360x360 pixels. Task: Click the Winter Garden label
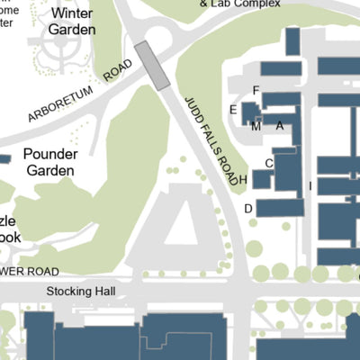click(72, 22)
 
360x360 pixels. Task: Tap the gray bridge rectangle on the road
click(153, 66)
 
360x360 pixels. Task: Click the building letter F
click(256, 90)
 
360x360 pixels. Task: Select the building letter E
click(233, 110)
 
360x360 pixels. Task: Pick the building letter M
click(256, 126)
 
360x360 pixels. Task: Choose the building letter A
click(280, 126)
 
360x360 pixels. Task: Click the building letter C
click(269, 163)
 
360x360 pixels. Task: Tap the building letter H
click(243, 179)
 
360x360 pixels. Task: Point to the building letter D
click(248, 209)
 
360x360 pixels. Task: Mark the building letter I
click(310, 186)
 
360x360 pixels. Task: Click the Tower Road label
click(31, 272)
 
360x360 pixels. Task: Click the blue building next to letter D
click(280, 208)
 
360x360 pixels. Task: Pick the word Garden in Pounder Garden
click(51, 170)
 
